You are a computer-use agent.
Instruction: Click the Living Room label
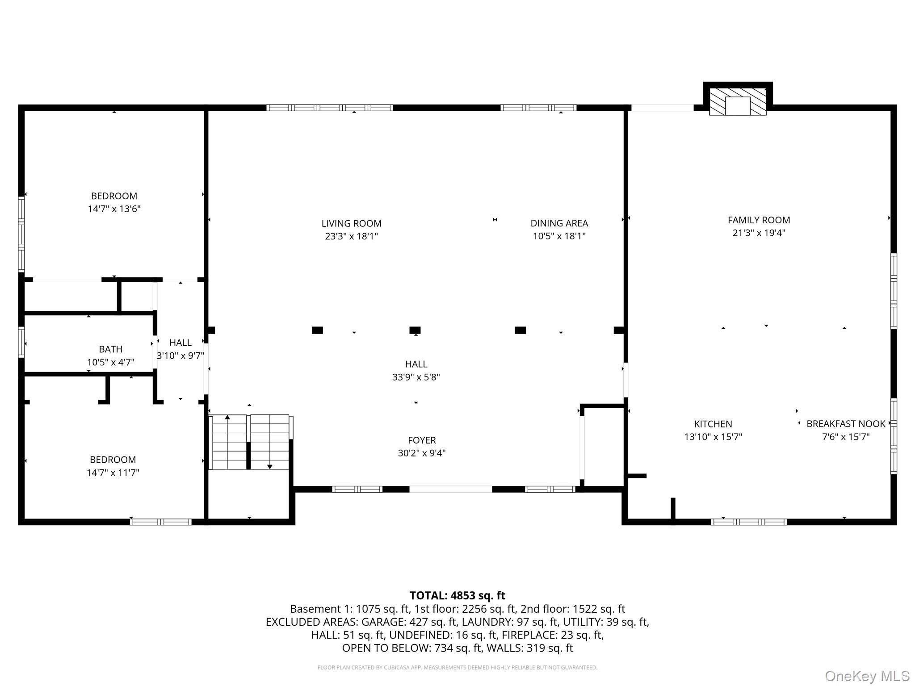(x=352, y=223)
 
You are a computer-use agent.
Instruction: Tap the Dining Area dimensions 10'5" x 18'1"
(x=559, y=236)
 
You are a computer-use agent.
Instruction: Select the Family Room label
(x=759, y=220)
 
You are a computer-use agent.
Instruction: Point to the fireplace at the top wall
(x=738, y=102)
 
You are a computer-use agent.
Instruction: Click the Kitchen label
(x=713, y=424)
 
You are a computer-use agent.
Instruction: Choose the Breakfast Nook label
(x=846, y=424)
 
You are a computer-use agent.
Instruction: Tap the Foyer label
(x=422, y=440)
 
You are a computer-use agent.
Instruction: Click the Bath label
(x=111, y=349)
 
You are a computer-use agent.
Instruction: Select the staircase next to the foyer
(x=250, y=442)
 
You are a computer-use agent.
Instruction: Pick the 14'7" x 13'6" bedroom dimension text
(x=114, y=209)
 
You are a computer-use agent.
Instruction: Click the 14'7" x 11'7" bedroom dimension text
(x=113, y=472)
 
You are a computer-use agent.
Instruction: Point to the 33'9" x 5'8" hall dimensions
(x=416, y=377)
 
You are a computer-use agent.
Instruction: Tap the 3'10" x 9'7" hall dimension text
(x=180, y=356)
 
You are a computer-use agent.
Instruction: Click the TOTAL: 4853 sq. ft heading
(x=457, y=595)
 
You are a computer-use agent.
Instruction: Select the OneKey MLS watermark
(x=867, y=676)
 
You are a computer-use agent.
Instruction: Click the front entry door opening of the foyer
(x=450, y=489)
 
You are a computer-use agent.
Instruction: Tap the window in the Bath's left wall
(x=21, y=342)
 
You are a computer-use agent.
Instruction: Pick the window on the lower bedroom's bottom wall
(x=161, y=522)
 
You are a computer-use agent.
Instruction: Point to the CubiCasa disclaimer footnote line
(x=457, y=667)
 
